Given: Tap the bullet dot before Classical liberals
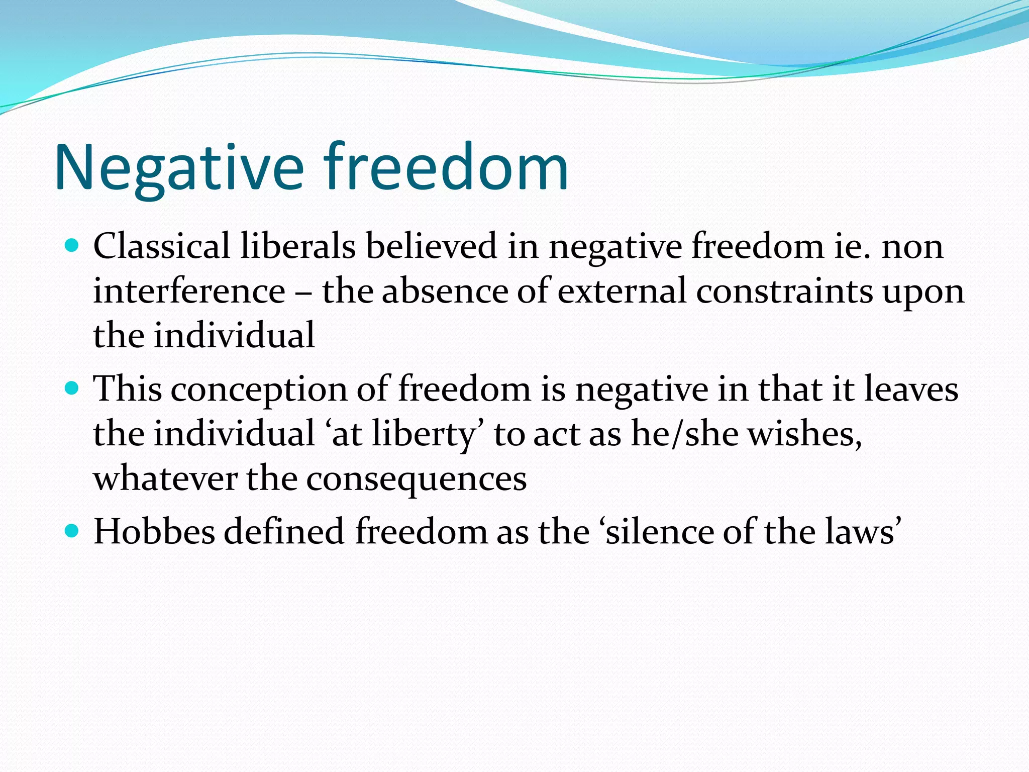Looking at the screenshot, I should [72, 246].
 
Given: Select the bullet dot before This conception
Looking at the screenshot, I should [72, 389].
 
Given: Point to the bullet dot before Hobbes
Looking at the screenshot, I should [72, 531].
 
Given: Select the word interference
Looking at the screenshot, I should [189, 291].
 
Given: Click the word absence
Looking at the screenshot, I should [445, 291].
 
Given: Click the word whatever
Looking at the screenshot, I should [165, 478].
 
